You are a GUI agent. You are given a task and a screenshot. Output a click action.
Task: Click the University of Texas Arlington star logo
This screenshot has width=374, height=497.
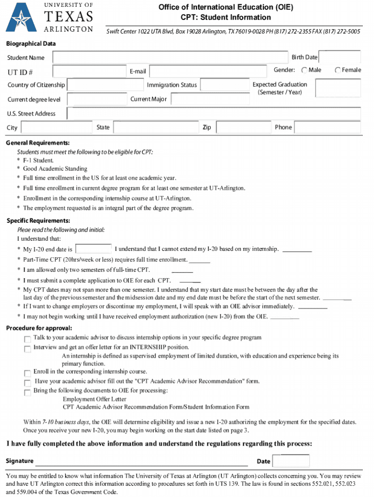coord(20,17)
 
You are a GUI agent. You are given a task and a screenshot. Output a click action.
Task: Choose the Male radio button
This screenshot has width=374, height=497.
coord(304,70)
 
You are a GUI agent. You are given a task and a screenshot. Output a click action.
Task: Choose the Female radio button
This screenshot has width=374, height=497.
coord(338,70)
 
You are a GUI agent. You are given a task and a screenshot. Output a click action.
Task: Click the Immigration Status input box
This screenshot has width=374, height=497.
coord(223,85)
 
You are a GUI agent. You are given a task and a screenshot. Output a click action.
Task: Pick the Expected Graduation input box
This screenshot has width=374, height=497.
coord(338,88)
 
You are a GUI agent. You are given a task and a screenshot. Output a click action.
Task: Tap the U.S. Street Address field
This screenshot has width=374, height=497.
coord(214,114)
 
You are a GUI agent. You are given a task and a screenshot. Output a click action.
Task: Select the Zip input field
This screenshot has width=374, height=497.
coord(243,128)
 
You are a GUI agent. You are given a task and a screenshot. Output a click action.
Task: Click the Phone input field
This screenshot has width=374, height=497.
coord(327,128)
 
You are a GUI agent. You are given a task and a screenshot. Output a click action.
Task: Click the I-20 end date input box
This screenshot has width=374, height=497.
coord(94,249)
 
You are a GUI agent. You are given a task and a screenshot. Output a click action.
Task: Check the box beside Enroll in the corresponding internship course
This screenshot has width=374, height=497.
coord(27,373)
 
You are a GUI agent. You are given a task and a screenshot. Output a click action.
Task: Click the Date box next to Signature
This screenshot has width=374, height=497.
coord(291,461)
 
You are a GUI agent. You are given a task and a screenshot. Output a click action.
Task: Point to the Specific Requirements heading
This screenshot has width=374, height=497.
coord(38,221)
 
